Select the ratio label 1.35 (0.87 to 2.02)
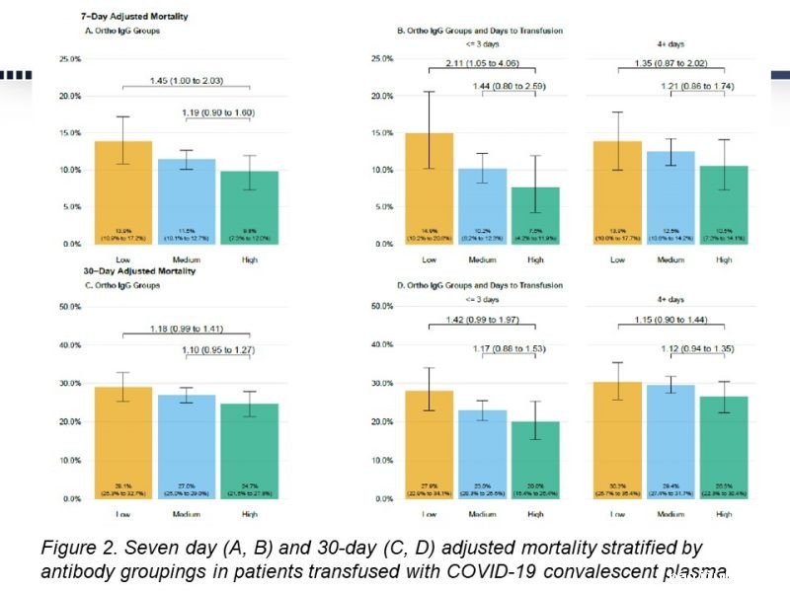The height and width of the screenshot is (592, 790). tap(671, 65)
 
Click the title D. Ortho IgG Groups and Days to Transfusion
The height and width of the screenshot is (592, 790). tap(480, 286)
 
